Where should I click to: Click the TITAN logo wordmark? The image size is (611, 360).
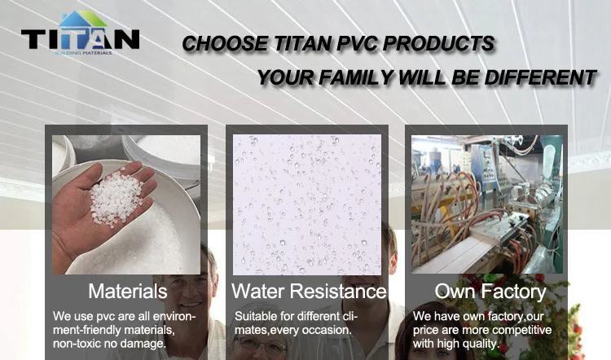(x=81, y=39)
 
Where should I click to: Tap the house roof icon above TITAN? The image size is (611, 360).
(x=82, y=19)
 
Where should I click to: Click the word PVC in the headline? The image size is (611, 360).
(x=356, y=43)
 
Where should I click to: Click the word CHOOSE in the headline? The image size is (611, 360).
(x=225, y=43)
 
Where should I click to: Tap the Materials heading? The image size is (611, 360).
(x=127, y=291)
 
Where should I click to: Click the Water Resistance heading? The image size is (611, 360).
(x=309, y=291)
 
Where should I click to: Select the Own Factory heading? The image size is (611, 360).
(x=490, y=292)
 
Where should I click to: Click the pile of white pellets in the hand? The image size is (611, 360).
(x=116, y=198)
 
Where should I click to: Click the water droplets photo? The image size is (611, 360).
(x=306, y=204)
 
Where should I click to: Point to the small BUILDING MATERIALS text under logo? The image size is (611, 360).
(x=83, y=53)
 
